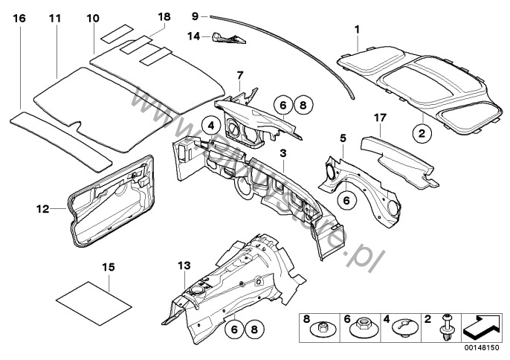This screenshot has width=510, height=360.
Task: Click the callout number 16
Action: (x=19, y=16)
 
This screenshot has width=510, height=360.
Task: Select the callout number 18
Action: (x=164, y=16)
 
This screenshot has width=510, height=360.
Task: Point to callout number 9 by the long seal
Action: (x=195, y=15)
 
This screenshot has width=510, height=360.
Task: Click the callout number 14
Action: (x=193, y=35)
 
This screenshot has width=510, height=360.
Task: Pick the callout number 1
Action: (x=357, y=30)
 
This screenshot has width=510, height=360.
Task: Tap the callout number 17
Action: (x=381, y=117)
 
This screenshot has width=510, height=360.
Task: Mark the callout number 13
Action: (x=184, y=265)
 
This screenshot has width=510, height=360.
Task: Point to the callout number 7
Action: (x=239, y=75)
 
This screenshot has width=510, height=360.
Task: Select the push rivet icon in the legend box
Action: (x=448, y=328)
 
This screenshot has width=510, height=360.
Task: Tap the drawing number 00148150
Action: (x=481, y=347)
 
